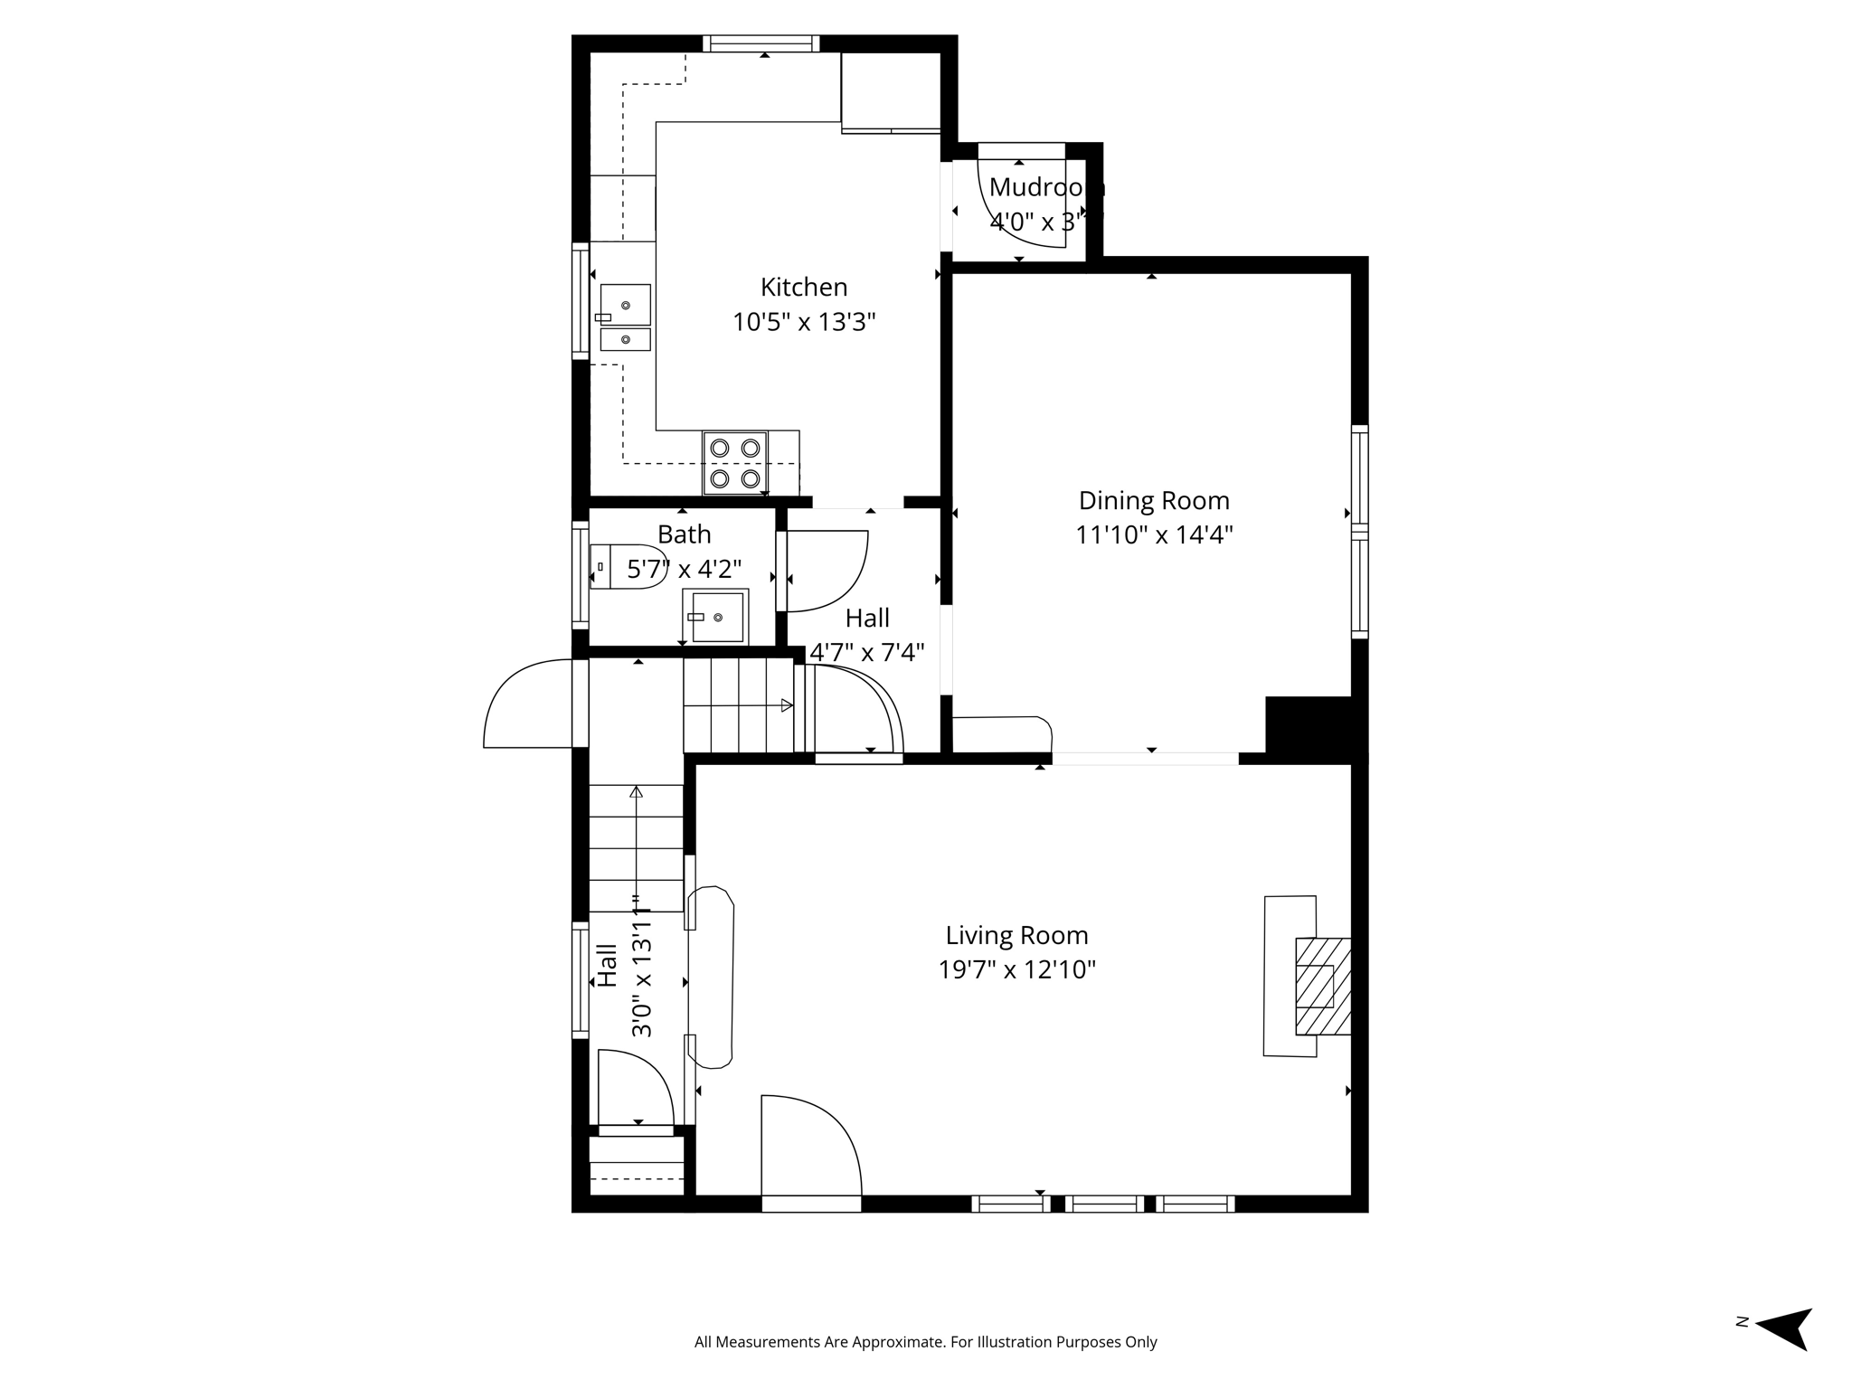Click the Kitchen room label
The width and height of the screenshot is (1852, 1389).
coord(803,288)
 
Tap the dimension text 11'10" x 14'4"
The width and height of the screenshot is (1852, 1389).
coord(1154,535)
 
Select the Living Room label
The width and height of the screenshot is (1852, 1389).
coord(1016,935)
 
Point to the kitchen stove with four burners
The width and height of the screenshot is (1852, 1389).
coord(735,462)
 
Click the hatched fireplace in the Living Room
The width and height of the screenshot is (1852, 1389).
coord(1323,986)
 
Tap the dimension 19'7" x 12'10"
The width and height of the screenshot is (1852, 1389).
coord(1016,970)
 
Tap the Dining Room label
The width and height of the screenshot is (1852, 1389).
coord(1154,501)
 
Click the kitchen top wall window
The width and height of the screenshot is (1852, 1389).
coord(761,43)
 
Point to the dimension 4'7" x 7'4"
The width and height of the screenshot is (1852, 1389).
coord(866,652)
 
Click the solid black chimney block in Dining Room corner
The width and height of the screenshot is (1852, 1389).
coord(1309,724)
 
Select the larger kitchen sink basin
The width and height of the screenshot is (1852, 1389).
coord(626,304)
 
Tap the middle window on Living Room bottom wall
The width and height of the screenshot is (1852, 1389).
coord(1104,1204)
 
